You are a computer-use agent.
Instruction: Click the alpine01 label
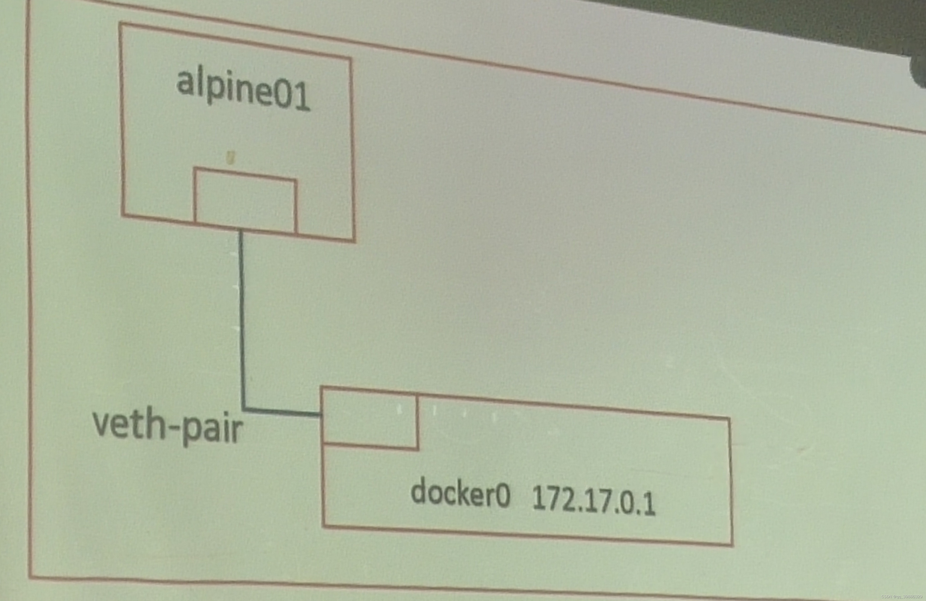[x=243, y=92]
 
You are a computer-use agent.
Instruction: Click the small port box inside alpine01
[x=245, y=201]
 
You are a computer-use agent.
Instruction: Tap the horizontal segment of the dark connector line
[x=282, y=412]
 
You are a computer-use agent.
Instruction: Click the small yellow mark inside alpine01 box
[x=231, y=157]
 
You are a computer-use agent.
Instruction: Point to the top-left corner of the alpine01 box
[x=120, y=24]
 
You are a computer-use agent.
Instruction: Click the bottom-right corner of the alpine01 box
[x=354, y=241]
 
